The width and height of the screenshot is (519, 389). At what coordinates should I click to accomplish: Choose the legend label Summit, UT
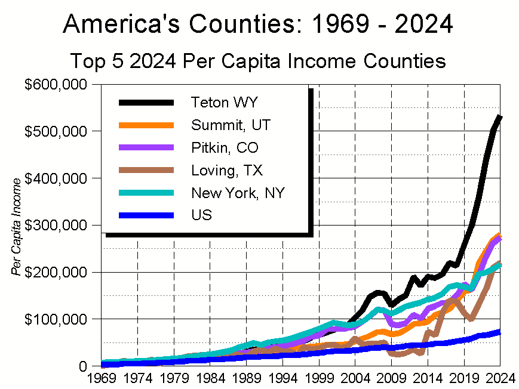pos(231,125)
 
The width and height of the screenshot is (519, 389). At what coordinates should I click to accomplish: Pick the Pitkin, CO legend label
pos(225,147)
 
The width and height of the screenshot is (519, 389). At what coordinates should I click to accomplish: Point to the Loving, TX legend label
pos(227,171)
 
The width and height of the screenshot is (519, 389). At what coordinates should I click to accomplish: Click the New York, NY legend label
pos(238,193)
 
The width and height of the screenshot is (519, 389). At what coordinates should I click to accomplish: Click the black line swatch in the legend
pos(146,103)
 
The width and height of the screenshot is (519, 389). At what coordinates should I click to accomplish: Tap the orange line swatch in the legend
pos(146,125)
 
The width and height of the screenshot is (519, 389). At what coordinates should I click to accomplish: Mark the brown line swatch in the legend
pos(146,171)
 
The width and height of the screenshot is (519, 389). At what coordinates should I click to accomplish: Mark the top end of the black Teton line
pos(500,117)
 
